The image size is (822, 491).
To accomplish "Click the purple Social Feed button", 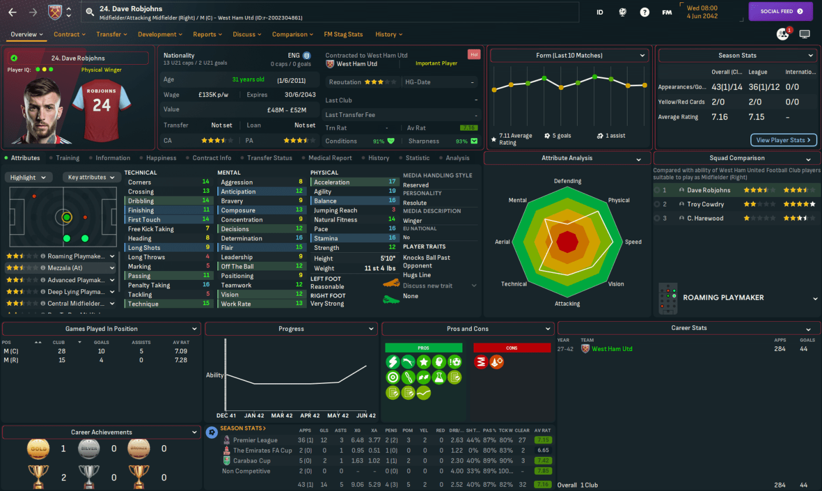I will [780, 11].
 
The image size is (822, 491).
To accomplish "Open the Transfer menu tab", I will [112, 34].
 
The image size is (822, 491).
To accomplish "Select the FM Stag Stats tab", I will [343, 34].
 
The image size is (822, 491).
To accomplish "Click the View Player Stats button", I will [783, 140].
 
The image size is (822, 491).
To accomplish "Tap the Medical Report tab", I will [330, 158].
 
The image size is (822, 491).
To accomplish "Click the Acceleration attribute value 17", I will [392, 182].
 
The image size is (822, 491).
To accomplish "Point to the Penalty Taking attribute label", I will [149, 285].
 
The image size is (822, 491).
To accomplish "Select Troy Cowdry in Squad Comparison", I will [705, 204].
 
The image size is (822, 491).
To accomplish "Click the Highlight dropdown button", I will [29, 177].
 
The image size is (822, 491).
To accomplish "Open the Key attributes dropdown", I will [91, 177].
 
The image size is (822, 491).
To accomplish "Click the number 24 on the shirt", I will [102, 105].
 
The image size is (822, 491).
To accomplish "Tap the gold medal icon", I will [38, 449].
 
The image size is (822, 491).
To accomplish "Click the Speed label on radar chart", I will [633, 242].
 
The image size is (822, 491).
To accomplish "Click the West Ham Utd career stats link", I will [612, 349].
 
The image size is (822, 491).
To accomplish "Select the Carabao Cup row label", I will [251, 460].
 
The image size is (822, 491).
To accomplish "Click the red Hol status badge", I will [474, 55].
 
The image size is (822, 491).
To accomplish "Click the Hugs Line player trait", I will [417, 275].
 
